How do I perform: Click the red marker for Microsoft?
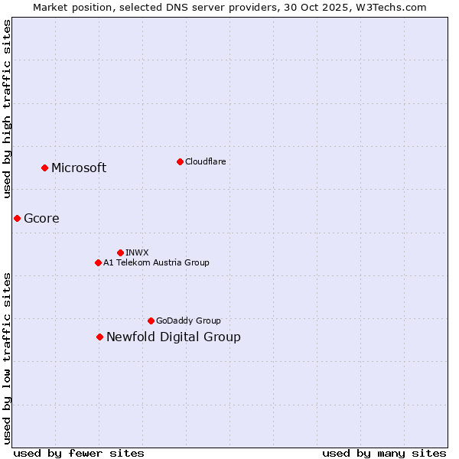click(45, 168)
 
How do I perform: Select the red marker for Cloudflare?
click(180, 161)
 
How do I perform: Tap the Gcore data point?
click(17, 218)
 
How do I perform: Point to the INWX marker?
click(120, 252)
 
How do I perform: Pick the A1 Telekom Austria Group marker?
click(98, 262)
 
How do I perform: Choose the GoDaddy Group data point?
click(151, 321)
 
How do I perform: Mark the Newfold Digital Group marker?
click(99, 337)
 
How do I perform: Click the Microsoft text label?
click(79, 168)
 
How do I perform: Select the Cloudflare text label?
click(205, 161)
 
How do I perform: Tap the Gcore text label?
click(41, 219)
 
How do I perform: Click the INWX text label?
click(137, 252)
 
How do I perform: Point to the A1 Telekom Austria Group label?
click(156, 262)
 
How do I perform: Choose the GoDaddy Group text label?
click(188, 321)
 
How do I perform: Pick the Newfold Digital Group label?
click(174, 337)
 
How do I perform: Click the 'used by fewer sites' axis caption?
click(79, 453)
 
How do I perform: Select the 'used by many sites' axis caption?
click(384, 453)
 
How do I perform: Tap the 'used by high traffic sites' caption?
click(8, 109)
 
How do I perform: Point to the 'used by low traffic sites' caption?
click(8, 358)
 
